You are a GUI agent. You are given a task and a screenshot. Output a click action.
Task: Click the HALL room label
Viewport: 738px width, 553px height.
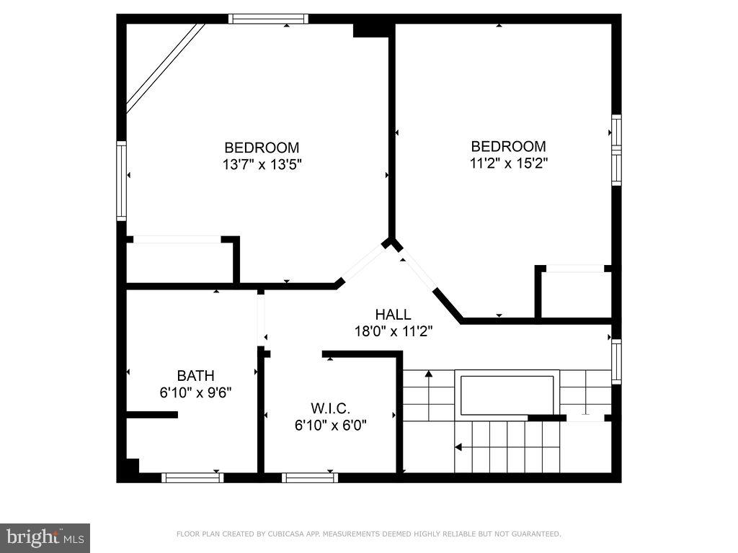[393, 315]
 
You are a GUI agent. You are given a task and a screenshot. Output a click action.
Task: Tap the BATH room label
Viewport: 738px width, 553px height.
[195, 375]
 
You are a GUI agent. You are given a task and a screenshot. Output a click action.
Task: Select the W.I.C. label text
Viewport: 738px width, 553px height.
[331, 408]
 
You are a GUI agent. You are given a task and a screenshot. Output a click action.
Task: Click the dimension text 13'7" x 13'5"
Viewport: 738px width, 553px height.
[262, 164]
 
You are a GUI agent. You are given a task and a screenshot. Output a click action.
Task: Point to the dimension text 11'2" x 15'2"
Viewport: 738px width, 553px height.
[508, 163]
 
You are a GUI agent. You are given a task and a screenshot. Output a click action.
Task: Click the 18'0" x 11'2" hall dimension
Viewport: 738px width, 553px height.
[393, 331]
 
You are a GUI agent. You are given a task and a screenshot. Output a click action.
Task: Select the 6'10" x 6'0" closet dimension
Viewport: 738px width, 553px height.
[331, 425]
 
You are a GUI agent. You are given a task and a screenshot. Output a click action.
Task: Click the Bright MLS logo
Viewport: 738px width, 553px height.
[45, 537]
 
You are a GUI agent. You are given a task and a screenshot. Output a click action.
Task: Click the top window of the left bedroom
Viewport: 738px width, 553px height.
[268, 19]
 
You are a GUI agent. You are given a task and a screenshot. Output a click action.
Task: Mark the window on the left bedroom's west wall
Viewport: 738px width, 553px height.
[121, 181]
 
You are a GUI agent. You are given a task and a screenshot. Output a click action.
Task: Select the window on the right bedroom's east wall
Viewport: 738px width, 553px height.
[616, 150]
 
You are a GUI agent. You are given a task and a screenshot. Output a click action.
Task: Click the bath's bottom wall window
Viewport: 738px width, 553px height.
[192, 477]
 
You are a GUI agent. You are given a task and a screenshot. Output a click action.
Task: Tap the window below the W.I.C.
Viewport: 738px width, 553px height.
[309, 477]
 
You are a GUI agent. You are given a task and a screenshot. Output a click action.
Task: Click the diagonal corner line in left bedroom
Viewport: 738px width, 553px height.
[165, 68]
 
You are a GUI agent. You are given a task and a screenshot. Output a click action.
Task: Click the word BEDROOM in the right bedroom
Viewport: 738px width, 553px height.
[508, 146]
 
